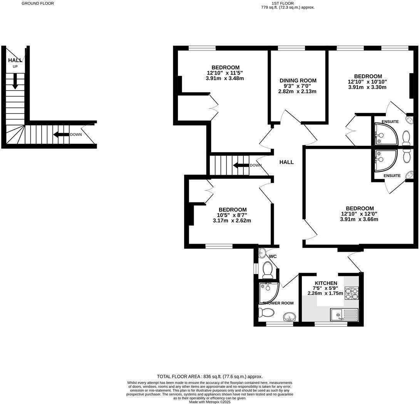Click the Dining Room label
[x=298, y=81]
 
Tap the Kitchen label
[x=325, y=283]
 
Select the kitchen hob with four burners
[x=351, y=293]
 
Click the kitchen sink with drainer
[x=344, y=315]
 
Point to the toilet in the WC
[x=267, y=270]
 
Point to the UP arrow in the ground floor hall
[x=15, y=81]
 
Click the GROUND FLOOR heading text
[x=38, y=3]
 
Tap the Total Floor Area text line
[x=209, y=377]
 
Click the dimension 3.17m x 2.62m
[x=231, y=221]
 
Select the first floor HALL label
[x=287, y=162]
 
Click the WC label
[x=273, y=256]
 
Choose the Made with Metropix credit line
[x=209, y=402]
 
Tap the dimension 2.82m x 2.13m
[x=298, y=92]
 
